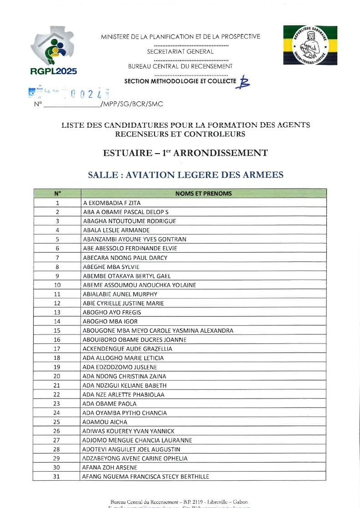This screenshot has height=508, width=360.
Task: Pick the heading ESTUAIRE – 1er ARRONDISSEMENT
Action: point(185,153)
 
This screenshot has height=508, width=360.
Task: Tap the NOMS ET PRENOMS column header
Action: point(203,194)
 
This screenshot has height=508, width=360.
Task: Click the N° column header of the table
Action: point(57,194)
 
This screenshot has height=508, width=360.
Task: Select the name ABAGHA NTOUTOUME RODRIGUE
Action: point(130,221)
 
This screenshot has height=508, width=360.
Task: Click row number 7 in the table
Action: point(57,258)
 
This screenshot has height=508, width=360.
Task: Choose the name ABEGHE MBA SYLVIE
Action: point(111,267)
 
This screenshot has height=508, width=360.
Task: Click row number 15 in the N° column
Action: point(57,331)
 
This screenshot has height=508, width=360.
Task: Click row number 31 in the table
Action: point(57,477)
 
